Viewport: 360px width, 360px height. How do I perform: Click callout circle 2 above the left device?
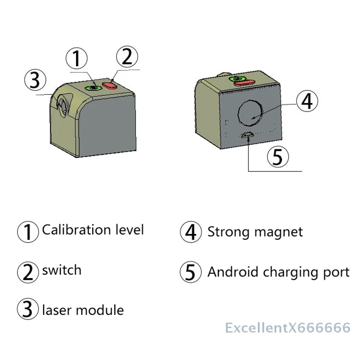(x=127, y=57)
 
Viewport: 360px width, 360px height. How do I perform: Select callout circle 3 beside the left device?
(x=35, y=81)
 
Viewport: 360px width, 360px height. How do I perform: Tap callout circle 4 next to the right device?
(x=306, y=101)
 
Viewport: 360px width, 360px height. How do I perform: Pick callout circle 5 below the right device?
(x=278, y=157)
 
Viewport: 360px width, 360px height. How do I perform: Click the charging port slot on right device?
(x=247, y=135)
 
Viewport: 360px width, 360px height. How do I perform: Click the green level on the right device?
(x=235, y=79)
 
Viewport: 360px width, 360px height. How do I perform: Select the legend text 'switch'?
(x=62, y=270)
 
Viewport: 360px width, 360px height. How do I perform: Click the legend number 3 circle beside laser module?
(x=28, y=310)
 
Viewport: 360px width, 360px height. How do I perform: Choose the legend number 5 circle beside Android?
(x=191, y=272)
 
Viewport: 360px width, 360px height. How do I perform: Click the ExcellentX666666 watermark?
(x=288, y=328)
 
